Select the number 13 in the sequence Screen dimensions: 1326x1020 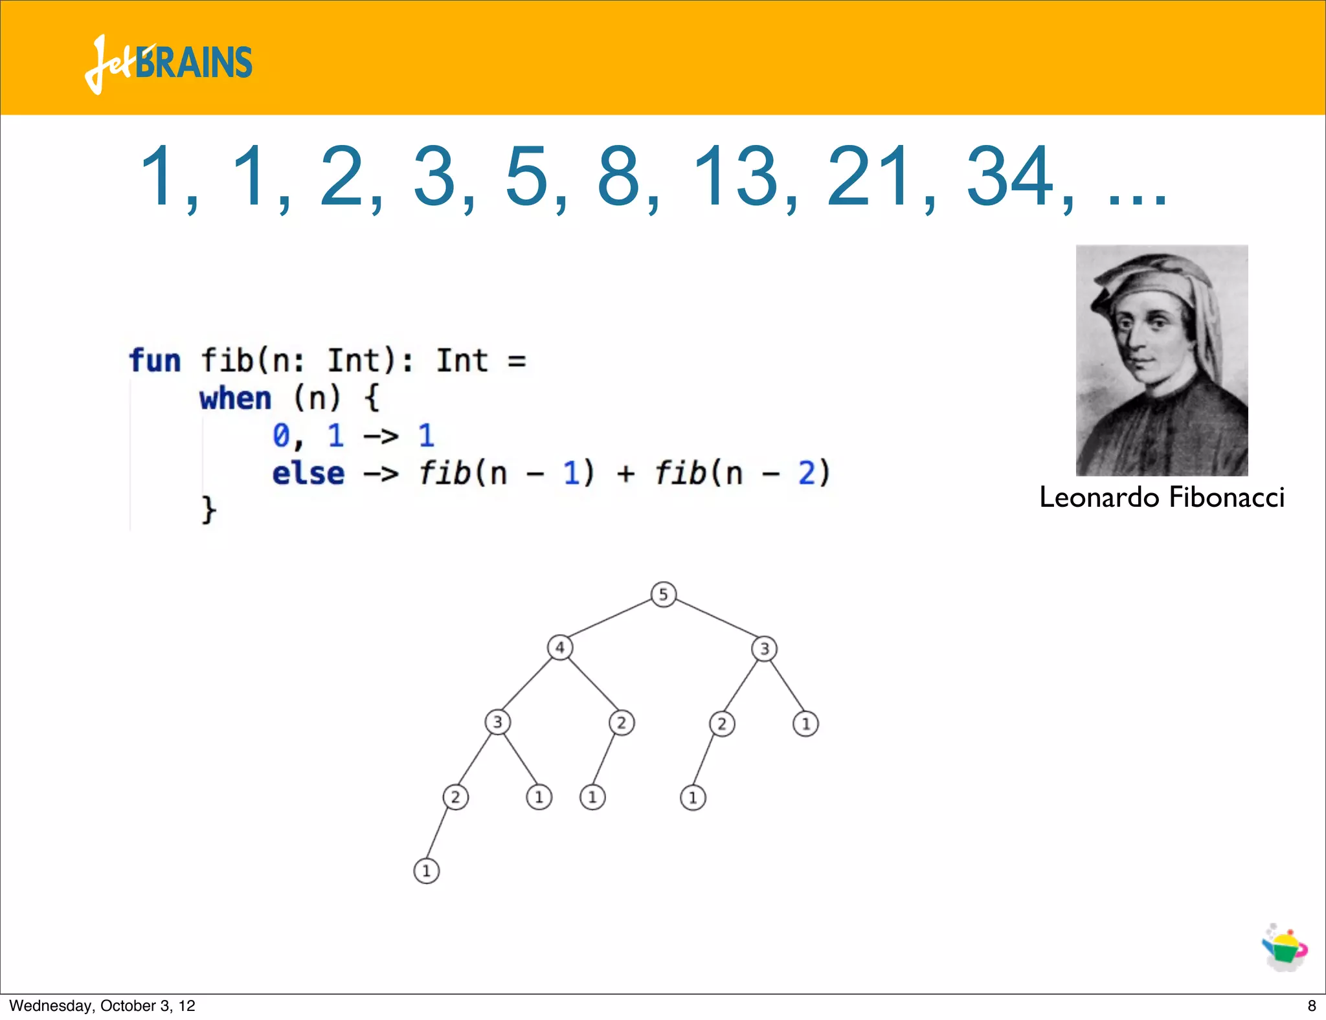point(735,177)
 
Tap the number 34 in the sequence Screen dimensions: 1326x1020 point(1010,177)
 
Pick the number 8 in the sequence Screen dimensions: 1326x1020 point(619,177)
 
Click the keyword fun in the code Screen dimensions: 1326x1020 point(155,360)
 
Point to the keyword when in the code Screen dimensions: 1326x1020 point(235,398)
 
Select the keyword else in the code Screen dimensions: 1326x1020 point(308,473)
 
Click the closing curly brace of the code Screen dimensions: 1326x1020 point(208,510)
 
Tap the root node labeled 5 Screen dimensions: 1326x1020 point(663,594)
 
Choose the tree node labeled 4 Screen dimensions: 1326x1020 point(560,647)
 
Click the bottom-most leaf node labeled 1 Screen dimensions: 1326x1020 point(426,870)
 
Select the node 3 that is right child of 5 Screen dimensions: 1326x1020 point(764,649)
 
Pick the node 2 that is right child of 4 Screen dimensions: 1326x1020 point(622,722)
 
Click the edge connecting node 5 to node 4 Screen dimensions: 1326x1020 point(611,620)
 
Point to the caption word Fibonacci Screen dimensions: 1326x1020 point(1226,498)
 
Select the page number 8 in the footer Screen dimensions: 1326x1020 point(1312,1006)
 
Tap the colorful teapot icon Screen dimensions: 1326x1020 point(1285,948)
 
